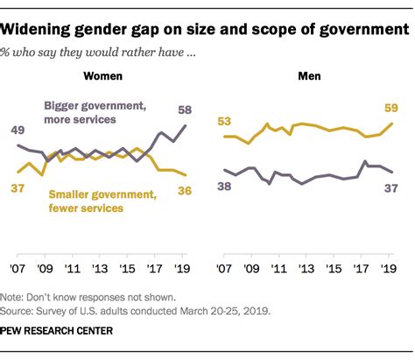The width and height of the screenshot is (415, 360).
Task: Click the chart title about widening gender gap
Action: coord(207,30)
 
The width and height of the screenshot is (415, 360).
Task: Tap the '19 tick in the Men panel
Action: coord(388,270)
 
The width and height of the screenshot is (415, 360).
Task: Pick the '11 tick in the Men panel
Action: coord(278,270)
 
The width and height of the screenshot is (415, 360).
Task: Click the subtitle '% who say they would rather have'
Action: coord(105,53)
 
